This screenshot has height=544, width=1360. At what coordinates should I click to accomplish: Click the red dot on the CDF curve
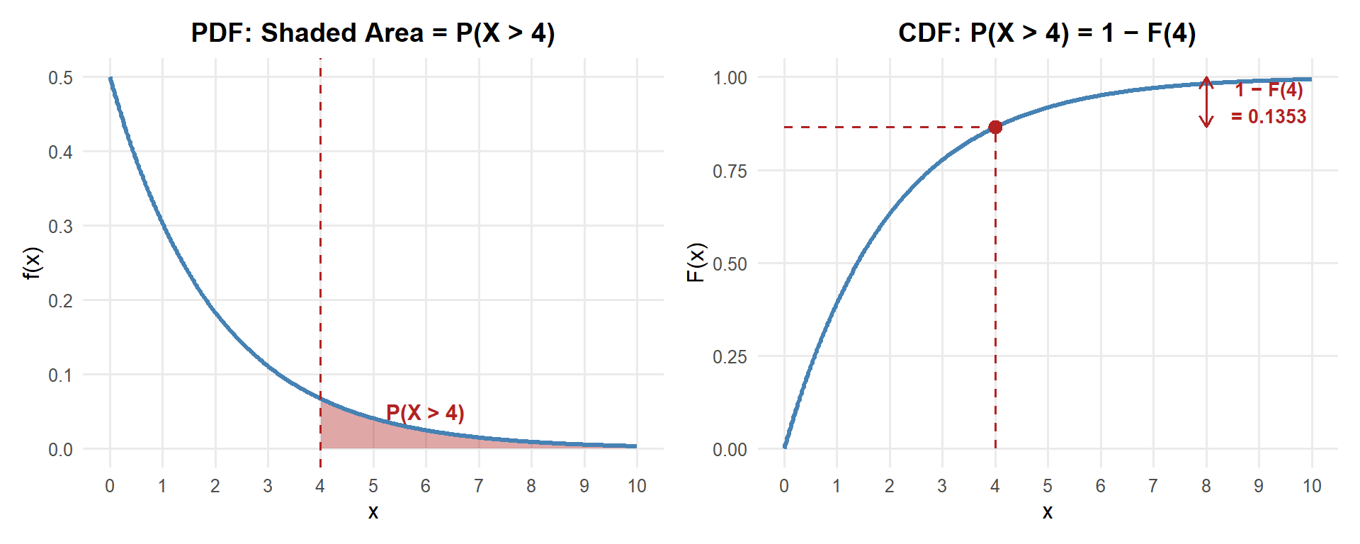(995, 127)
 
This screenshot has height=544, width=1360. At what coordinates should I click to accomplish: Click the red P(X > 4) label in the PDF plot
(425, 412)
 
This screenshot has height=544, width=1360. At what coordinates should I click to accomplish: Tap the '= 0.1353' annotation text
(1268, 116)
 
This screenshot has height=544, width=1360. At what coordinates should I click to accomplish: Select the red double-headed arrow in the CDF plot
(1206, 102)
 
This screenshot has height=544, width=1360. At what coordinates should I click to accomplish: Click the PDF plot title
(373, 33)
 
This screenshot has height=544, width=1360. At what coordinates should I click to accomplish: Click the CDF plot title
(1047, 33)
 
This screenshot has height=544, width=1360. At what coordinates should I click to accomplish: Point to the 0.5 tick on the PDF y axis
(60, 77)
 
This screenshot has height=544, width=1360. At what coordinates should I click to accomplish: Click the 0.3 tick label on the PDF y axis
(60, 226)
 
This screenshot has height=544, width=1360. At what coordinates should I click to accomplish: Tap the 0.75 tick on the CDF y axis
(730, 171)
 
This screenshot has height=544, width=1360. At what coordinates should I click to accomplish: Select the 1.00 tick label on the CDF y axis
(730, 77)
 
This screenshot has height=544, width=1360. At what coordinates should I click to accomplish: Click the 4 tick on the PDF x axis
(320, 486)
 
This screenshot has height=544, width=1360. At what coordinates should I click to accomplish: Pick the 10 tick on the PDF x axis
(637, 486)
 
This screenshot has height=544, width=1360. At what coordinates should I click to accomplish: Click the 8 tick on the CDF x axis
(1206, 486)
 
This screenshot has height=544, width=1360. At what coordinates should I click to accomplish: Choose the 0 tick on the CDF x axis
(784, 486)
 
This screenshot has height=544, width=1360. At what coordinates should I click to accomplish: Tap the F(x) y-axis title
(696, 263)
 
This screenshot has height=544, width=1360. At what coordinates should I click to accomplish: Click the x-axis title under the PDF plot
(373, 512)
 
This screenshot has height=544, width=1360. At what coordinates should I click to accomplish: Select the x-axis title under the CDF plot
(1048, 512)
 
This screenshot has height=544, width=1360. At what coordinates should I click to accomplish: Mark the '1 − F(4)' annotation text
(1269, 90)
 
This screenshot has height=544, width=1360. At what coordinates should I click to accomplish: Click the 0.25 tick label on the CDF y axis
(730, 356)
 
